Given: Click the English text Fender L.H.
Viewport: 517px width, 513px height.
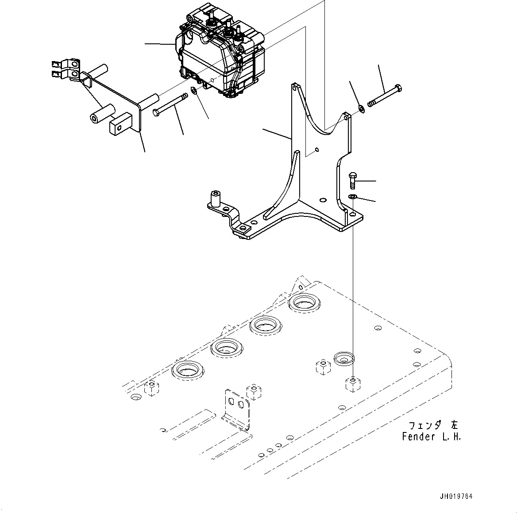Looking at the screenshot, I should point(431,437).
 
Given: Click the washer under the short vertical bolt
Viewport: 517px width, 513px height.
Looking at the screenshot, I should point(352,197).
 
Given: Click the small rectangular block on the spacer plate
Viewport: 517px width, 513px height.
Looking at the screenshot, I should point(120,123).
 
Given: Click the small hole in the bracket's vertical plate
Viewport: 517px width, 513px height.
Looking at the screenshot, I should point(317,150).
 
